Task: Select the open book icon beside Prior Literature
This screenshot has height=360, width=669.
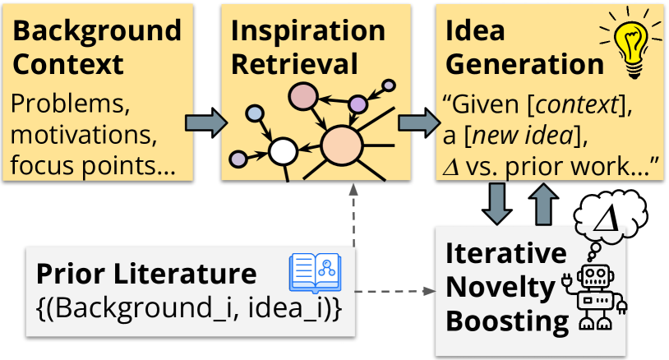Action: pos(314,274)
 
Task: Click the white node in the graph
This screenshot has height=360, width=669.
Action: pos(283,151)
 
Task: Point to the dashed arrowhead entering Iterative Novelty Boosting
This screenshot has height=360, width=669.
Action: pos(428,291)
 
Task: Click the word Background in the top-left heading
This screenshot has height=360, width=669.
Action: pos(97,31)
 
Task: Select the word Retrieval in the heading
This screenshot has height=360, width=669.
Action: pos(294,64)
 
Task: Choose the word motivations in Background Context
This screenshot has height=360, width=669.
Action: pos(82,134)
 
